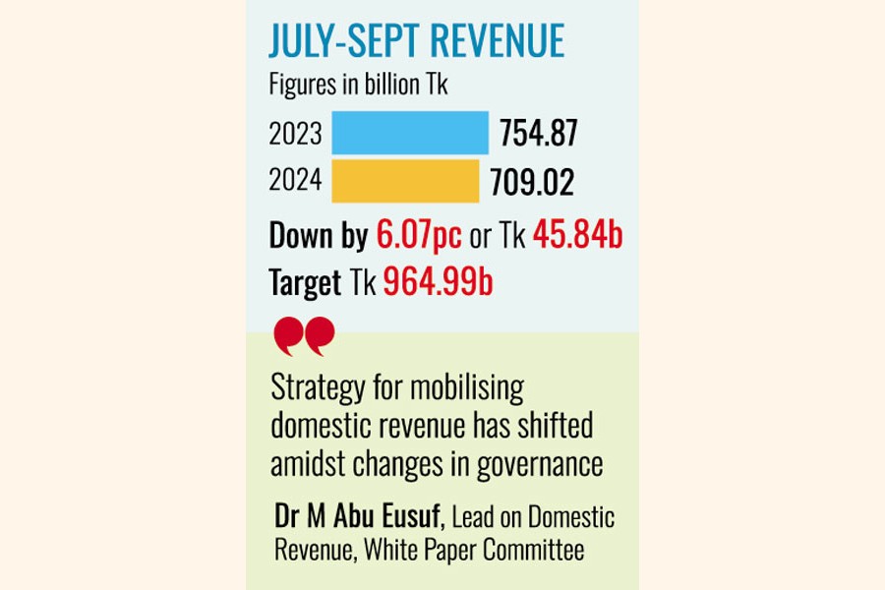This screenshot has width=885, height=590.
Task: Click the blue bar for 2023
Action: coord(410,133)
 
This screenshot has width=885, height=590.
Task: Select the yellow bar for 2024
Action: coord(405,181)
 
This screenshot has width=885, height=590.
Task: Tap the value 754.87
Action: coord(538,133)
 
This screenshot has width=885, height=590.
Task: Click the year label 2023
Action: coord(295,133)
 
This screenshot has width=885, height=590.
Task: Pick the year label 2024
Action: coord(295,181)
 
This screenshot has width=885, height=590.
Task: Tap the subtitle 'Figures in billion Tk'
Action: coord(359,86)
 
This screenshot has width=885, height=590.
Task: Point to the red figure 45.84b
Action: coord(578,236)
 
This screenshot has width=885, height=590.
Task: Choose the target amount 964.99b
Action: coord(439,283)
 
